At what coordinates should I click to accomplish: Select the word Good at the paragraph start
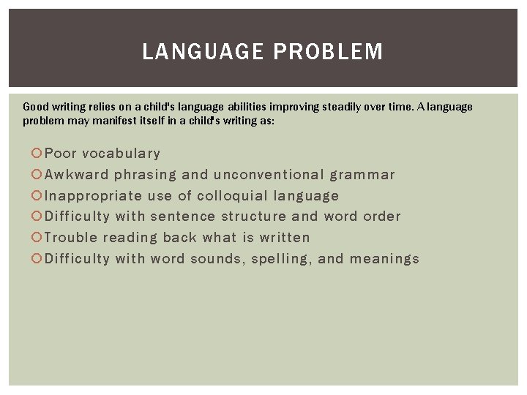[35, 107]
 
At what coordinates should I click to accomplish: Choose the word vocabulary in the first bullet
[121, 154]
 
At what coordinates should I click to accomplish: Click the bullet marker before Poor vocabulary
[37, 154]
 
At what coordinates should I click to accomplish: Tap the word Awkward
[77, 175]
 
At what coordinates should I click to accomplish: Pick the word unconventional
[269, 175]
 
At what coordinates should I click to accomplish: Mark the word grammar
[362, 175]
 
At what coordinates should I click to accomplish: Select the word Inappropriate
[94, 196]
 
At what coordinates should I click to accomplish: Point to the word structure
[253, 217]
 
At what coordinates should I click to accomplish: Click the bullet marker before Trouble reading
[37, 238]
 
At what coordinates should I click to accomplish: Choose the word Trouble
[71, 238]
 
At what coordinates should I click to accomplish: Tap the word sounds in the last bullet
[215, 259]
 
